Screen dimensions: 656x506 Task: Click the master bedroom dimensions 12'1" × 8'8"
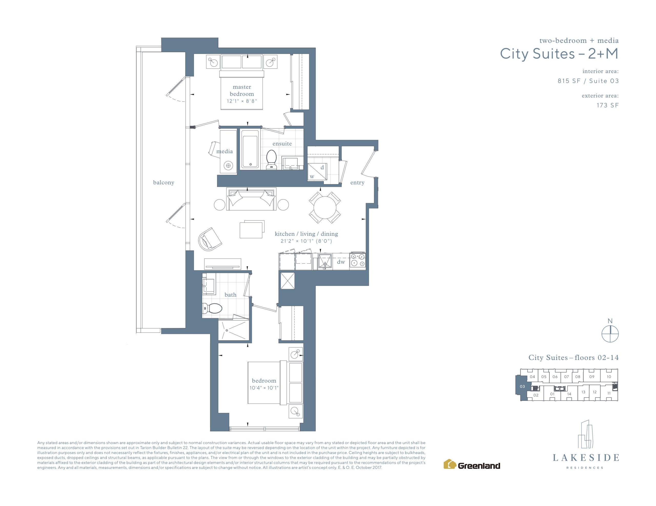click(x=242, y=101)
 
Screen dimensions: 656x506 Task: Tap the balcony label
click(x=164, y=182)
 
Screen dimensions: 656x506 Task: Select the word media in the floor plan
click(x=225, y=151)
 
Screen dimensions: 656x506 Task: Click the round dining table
click(x=325, y=207)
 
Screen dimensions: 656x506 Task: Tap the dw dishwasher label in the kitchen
click(x=341, y=262)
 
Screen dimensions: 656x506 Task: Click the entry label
click(x=357, y=182)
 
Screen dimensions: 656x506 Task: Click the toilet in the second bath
click(x=212, y=308)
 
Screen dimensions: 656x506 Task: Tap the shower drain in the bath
click(x=227, y=331)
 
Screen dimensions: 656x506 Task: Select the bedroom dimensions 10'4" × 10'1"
click(x=264, y=388)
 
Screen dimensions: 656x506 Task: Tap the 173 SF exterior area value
click(x=608, y=105)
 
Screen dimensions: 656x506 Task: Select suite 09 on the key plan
click(x=592, y=377)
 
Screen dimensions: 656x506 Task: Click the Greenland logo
click(x=472, y=464)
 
